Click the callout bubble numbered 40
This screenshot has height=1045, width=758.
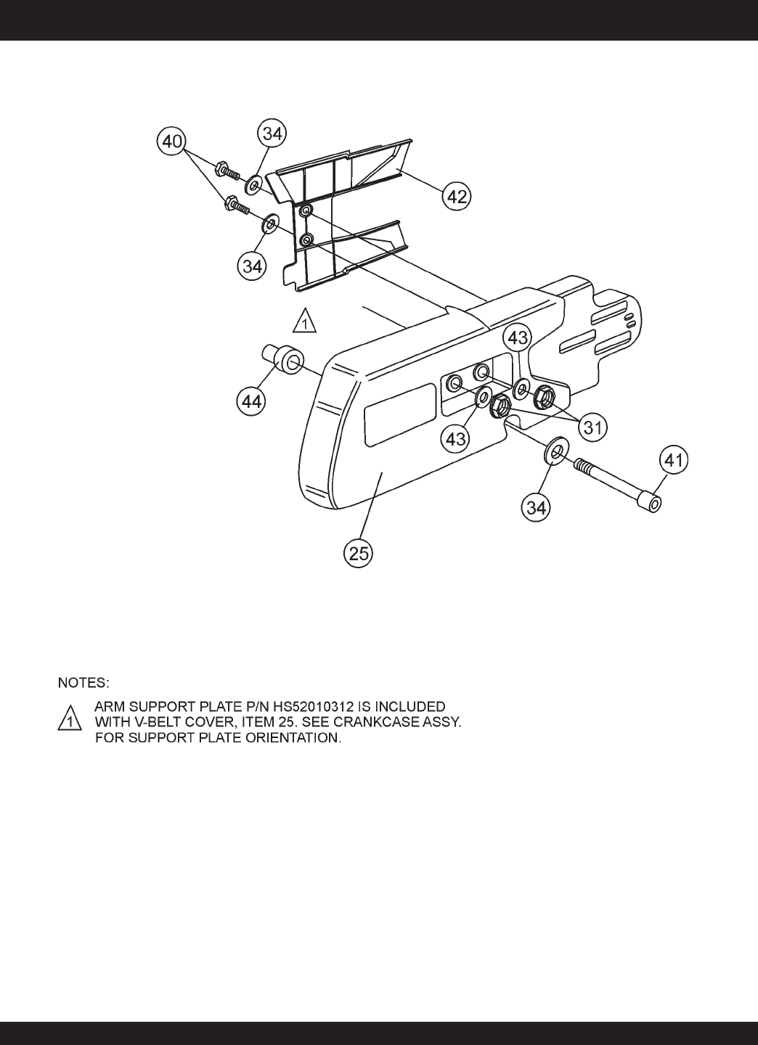pos(172,141)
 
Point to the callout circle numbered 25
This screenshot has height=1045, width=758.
pos(358,554)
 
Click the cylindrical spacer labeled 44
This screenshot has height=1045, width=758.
pos(283,360)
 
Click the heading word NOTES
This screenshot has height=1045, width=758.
pos(83,683)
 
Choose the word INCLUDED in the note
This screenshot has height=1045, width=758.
pos(411,705)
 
